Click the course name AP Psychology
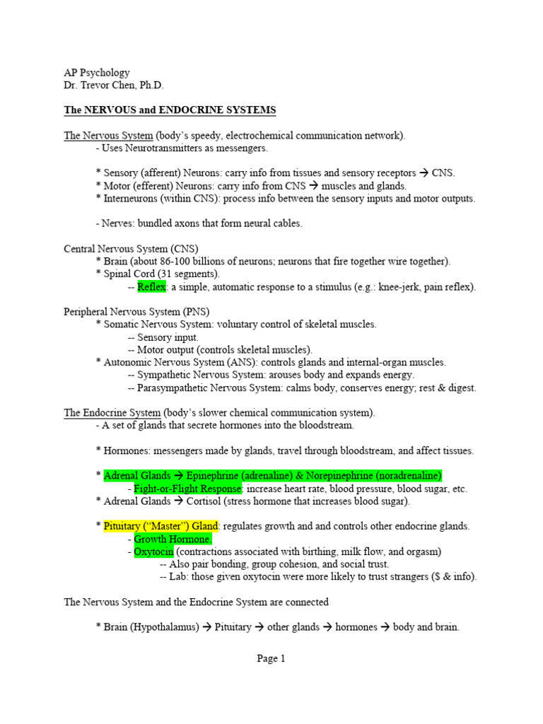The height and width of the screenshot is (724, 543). click(97, 73)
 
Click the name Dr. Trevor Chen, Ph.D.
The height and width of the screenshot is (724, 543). click(114, 86)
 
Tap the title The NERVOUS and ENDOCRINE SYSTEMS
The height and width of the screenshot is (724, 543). click(170, 110)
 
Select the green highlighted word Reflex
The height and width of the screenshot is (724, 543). click(150, 287)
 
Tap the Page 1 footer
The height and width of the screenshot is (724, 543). click(271, 658)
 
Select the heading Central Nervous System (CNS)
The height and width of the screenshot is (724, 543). click(131, 249)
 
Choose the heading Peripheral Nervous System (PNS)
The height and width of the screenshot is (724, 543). click(136, 311)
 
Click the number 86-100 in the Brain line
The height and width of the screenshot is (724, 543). click(176, 262)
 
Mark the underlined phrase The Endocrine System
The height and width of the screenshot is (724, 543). click(112, 413)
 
